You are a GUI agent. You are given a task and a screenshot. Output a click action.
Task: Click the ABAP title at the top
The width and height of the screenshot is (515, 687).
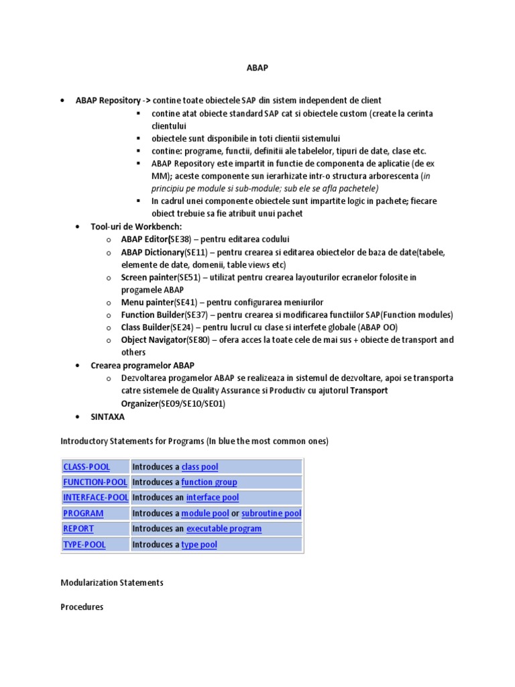[257, 68]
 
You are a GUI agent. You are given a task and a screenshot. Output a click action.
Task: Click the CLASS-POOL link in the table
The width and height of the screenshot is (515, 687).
[87, 466]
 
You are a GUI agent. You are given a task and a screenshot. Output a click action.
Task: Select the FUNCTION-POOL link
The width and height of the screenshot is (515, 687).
[95, 482]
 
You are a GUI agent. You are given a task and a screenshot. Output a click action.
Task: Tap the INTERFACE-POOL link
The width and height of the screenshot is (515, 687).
[95, 497]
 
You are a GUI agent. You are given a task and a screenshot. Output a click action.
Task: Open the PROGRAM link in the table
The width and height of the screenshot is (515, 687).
[83, 513]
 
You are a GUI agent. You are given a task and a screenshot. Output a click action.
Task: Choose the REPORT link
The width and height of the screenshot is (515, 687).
[78, 529]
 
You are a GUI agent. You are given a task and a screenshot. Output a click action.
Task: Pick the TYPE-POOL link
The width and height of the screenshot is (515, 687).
[84, 544]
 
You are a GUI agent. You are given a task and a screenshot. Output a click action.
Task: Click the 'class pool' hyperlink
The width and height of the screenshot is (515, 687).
[200, 466]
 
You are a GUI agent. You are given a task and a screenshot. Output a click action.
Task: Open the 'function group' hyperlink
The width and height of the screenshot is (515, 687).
[209, 482]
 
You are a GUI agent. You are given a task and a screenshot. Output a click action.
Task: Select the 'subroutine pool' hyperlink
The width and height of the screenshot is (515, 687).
[271, 513]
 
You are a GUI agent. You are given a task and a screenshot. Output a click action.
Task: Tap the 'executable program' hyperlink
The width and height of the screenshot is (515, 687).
[224, 529]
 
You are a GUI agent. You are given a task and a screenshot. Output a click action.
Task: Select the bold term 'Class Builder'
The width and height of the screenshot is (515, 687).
[145, 327]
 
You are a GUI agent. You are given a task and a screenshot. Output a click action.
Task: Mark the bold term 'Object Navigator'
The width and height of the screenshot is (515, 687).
[153, 340]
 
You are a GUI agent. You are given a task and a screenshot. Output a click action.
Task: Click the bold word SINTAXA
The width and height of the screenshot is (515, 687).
[107, 417]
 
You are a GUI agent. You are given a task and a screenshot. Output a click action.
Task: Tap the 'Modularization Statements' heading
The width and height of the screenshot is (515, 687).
[112, 582]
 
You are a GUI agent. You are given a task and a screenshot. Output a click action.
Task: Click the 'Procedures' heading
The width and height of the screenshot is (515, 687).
[82, 607]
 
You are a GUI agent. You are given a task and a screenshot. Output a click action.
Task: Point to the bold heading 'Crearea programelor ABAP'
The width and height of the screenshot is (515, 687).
[142, 365]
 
